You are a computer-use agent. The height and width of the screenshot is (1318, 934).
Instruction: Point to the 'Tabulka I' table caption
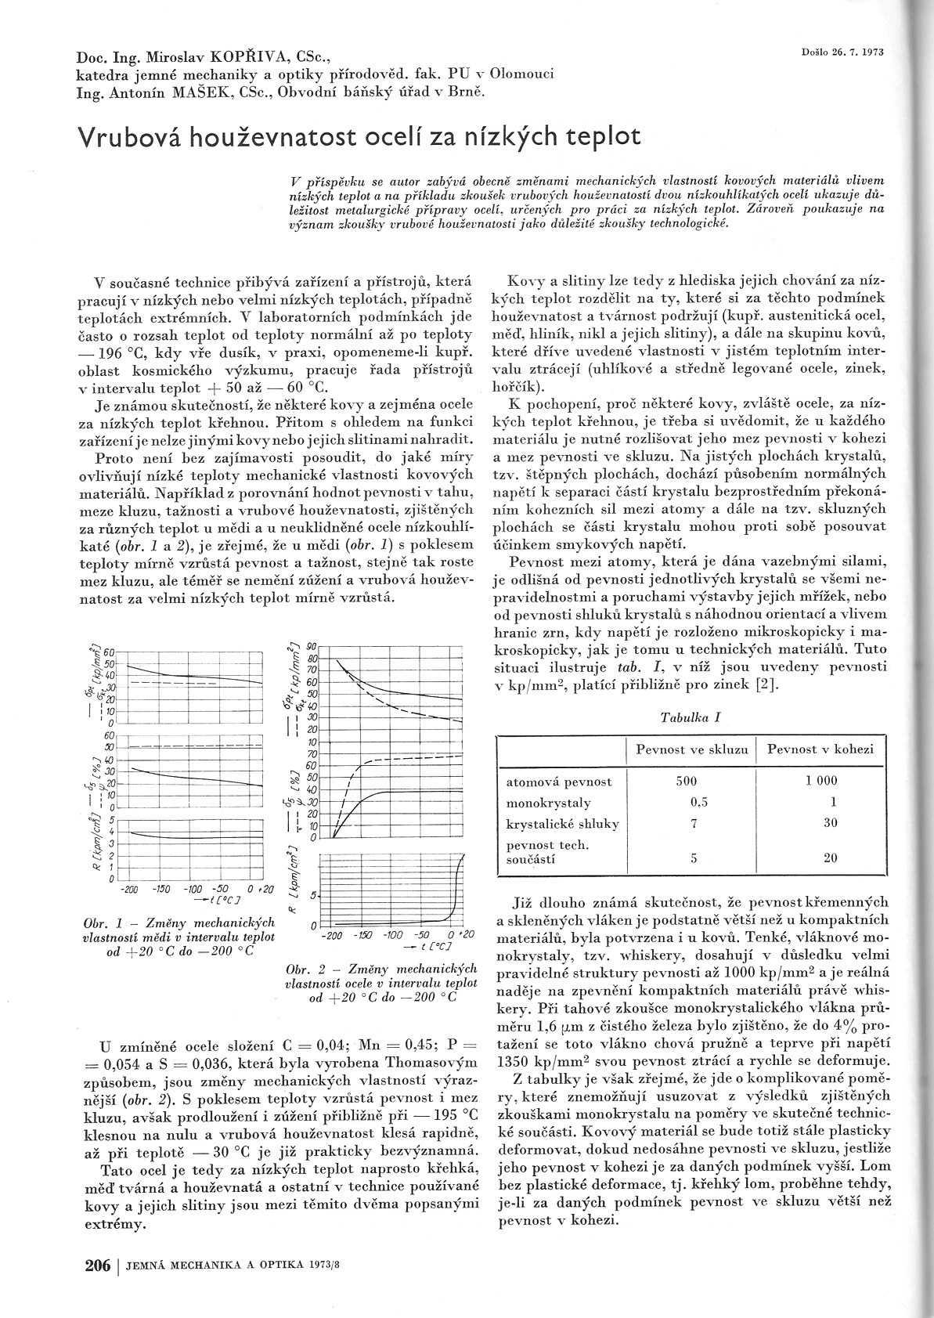[x=691, y=717]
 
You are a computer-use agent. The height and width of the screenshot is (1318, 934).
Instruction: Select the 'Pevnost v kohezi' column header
[x=820, y=749]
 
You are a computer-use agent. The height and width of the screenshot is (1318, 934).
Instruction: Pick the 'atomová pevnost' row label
[x=559, y=782]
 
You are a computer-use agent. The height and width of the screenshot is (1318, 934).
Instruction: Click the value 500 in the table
[x=686, y=781]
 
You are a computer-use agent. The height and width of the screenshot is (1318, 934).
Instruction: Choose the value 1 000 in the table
[x=821, y=781]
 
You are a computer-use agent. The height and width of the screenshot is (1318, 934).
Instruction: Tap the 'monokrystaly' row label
[x=549, y=803]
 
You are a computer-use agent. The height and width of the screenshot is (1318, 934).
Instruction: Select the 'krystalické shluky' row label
[x=563, y=823]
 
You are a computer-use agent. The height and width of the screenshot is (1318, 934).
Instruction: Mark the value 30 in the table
[x=830, y=822]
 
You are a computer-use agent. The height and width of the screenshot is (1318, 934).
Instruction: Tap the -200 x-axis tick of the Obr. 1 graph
[x=130, y=890]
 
